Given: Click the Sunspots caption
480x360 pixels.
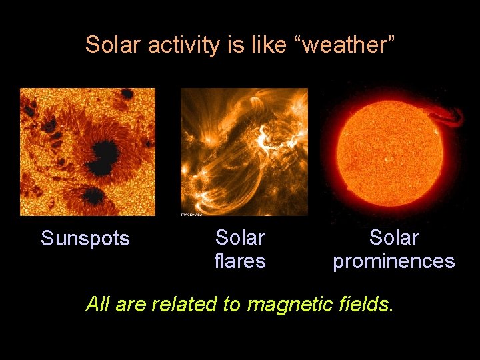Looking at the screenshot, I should (x=85, y=239).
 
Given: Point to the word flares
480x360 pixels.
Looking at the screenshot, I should (x=240, y=261).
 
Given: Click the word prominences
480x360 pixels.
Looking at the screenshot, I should (x=394, y=261).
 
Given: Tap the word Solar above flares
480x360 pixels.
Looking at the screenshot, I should (x=240, y=238).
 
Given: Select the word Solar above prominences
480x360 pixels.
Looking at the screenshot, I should (x=394, y=238).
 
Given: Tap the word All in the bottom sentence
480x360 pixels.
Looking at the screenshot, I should (x=97, y=305).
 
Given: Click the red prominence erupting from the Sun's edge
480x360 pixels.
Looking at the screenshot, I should (x=451, y=116).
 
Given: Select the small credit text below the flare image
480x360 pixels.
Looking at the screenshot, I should (x=191, y=215).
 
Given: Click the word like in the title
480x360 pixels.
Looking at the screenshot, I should (x=267, y=45).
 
